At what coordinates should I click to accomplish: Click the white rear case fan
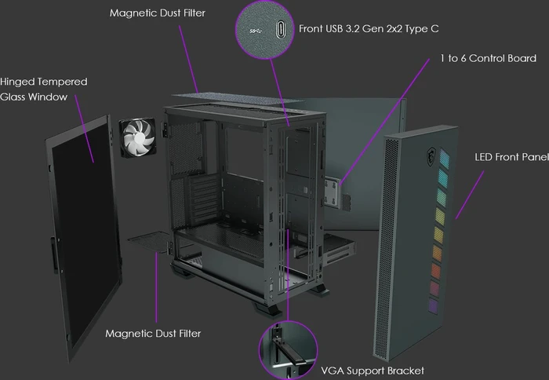coord(137,138)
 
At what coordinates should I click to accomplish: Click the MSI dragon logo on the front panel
coord(431,156)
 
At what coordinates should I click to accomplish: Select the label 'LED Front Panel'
coord(511,157)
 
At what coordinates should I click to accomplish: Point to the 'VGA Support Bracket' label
coord(373,371)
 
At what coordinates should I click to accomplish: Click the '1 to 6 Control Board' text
coord(488,58)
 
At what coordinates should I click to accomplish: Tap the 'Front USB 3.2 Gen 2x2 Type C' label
coord(369,29)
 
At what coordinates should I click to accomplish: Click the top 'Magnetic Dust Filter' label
coord(157,13)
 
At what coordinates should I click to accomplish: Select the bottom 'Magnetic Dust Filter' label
coord(153,334)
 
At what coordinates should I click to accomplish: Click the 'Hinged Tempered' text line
coord(44,82)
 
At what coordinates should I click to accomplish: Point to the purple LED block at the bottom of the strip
coord(434,306)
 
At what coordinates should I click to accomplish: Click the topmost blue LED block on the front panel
coord(445,158)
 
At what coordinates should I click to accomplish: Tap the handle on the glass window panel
coord(55,254)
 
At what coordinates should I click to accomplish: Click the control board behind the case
coord(333,192)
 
